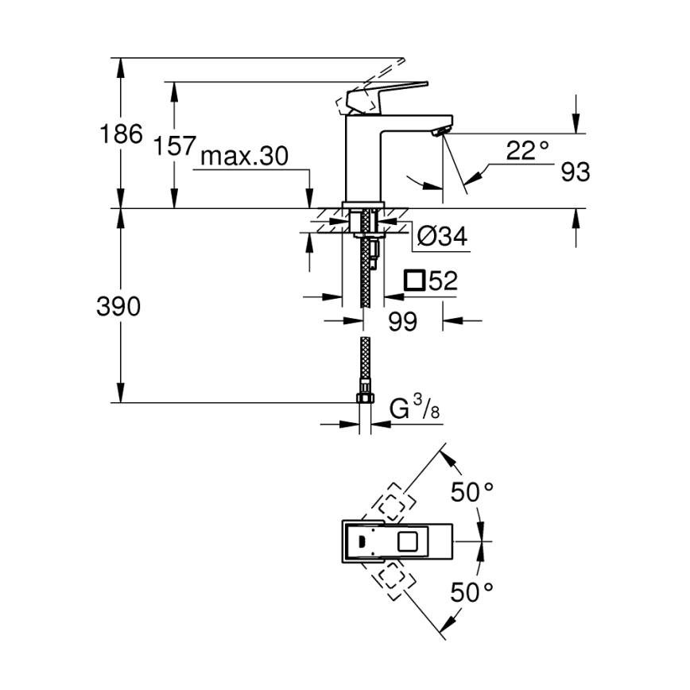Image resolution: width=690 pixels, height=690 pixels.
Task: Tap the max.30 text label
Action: coord(243,157)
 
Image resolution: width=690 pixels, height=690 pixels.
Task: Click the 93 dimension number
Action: coord(575,172)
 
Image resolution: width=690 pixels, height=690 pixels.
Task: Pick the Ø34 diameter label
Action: coord(442,236)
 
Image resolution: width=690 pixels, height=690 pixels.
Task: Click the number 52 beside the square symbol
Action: coord(442,281)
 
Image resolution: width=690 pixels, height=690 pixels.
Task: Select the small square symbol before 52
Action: coord(414,281)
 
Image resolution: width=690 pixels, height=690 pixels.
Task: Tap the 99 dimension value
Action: coord(403,321)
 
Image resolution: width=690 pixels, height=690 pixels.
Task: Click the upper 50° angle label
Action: coord(472,492)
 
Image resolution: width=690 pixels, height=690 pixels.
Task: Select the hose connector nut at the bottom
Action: coord(365,398)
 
